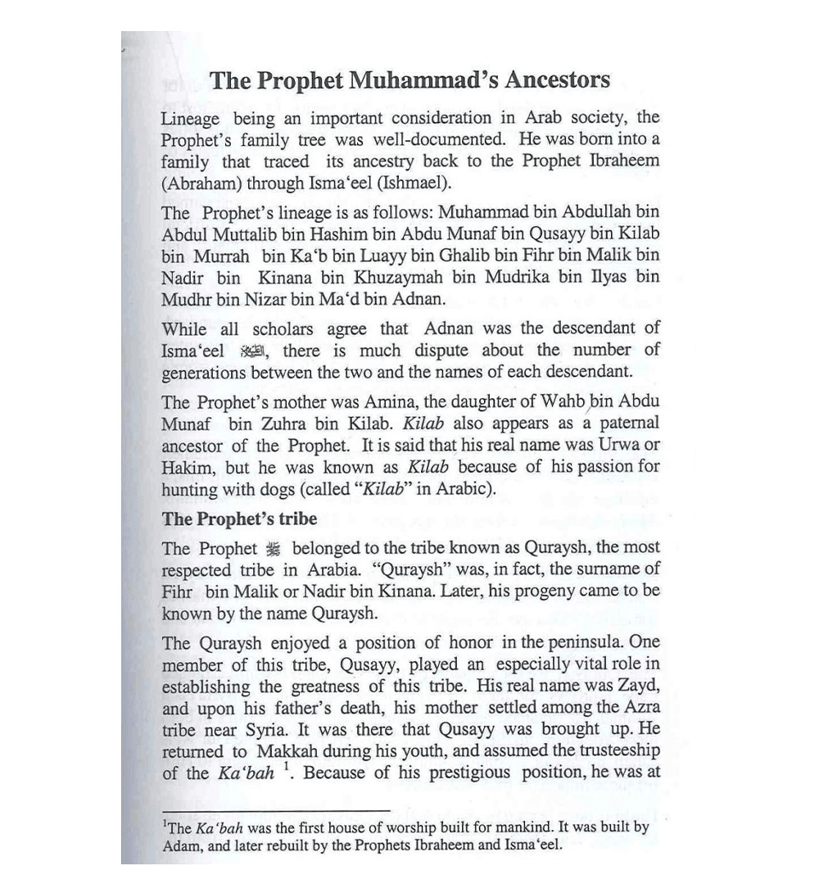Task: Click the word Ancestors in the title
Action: tap(557, 80)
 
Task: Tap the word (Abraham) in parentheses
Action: tap(197, 183)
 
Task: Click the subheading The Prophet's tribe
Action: tap(239, 519)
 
